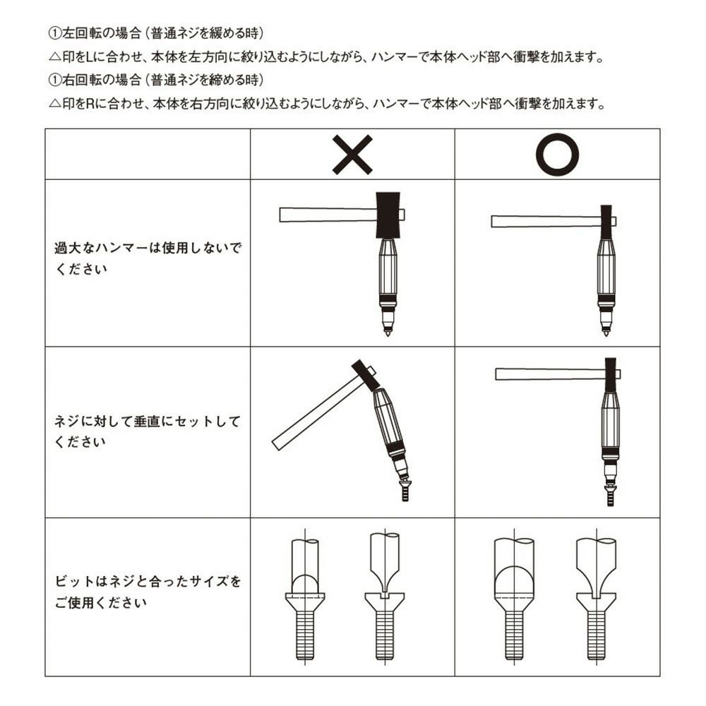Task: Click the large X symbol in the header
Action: pyautogui.click(x=352, y=155)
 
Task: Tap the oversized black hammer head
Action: pyautogui.click(x=388, y=215)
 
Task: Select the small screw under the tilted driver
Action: pyautogui.click(x=405, y=491)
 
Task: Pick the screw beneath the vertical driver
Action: pyautogui.click(x=610, y=495)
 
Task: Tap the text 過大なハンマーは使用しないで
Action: pyautogui.click(x=148, y=248)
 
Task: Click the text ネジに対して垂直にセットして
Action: pyautogui.click(x=148, y=421)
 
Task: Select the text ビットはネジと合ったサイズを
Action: pyautogui.click(x=148, y=581)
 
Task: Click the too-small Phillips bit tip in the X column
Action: pyautogui.click(x=305, y=585)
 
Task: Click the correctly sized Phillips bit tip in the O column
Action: pyautogui.click(x=514, y=581)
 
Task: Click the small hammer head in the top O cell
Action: pyautogui.click(x=606, y=222)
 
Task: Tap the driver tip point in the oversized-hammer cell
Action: pyautogui.click(x=388, y=334)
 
